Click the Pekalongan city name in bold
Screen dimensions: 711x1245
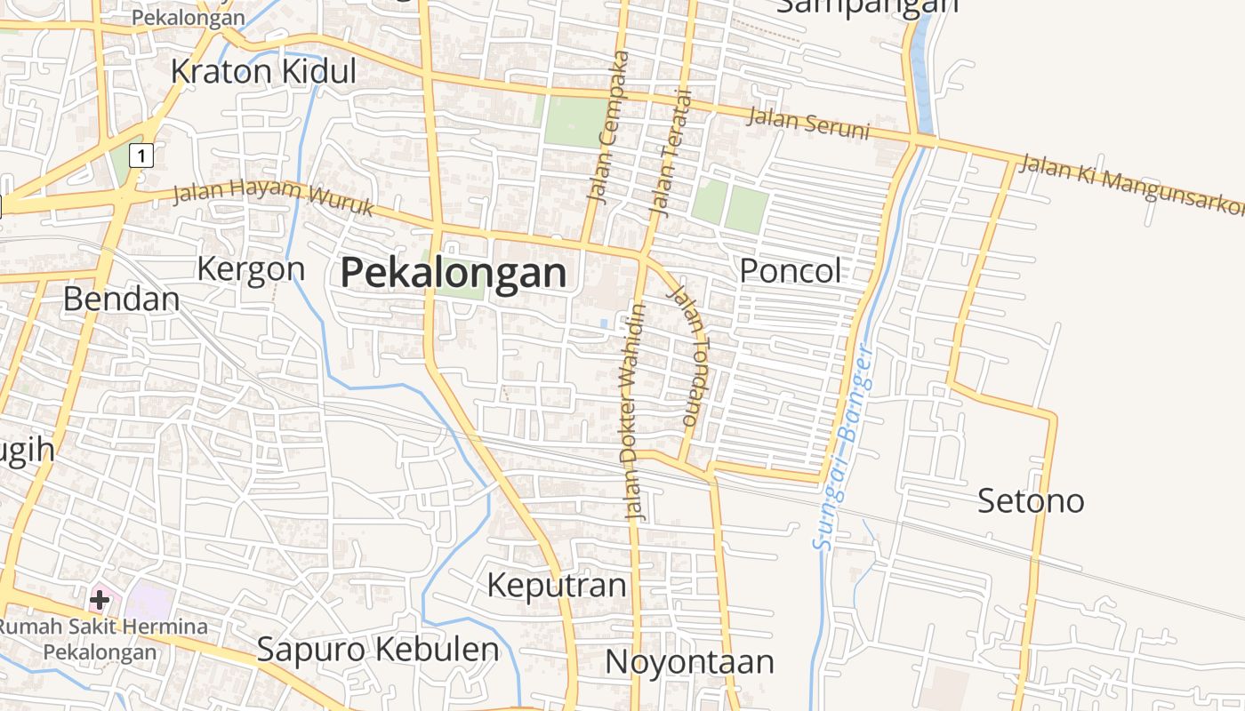454,273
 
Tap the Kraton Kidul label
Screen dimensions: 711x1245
263,72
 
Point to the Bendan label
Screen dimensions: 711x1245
121,300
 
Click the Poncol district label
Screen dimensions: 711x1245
790,271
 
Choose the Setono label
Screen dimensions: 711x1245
1031,501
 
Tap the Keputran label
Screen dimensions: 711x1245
557,586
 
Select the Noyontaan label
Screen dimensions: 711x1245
689,662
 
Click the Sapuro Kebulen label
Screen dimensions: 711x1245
377,650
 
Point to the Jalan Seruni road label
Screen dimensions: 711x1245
807,123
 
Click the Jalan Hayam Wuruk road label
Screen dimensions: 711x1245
272,197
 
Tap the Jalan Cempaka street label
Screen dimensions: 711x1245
608,126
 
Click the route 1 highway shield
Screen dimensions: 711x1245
141,156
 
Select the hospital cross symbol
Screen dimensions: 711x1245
100,600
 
